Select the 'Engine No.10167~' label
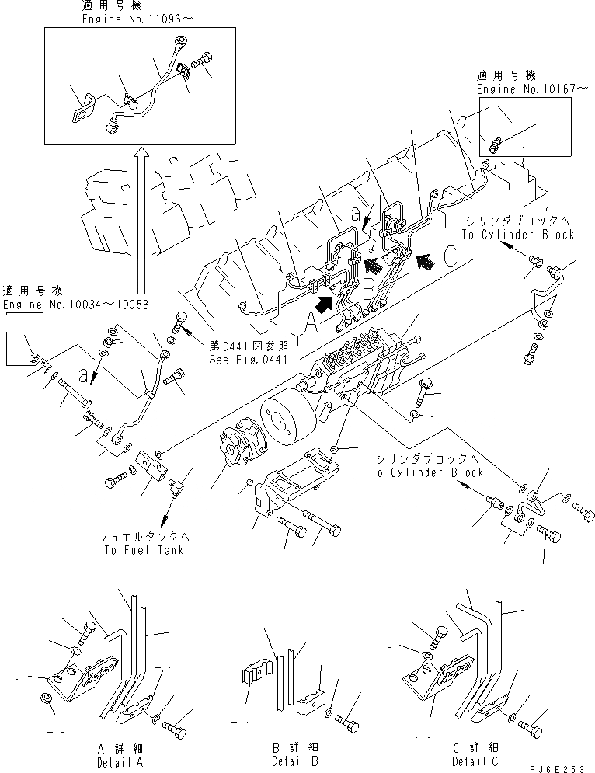531,90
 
